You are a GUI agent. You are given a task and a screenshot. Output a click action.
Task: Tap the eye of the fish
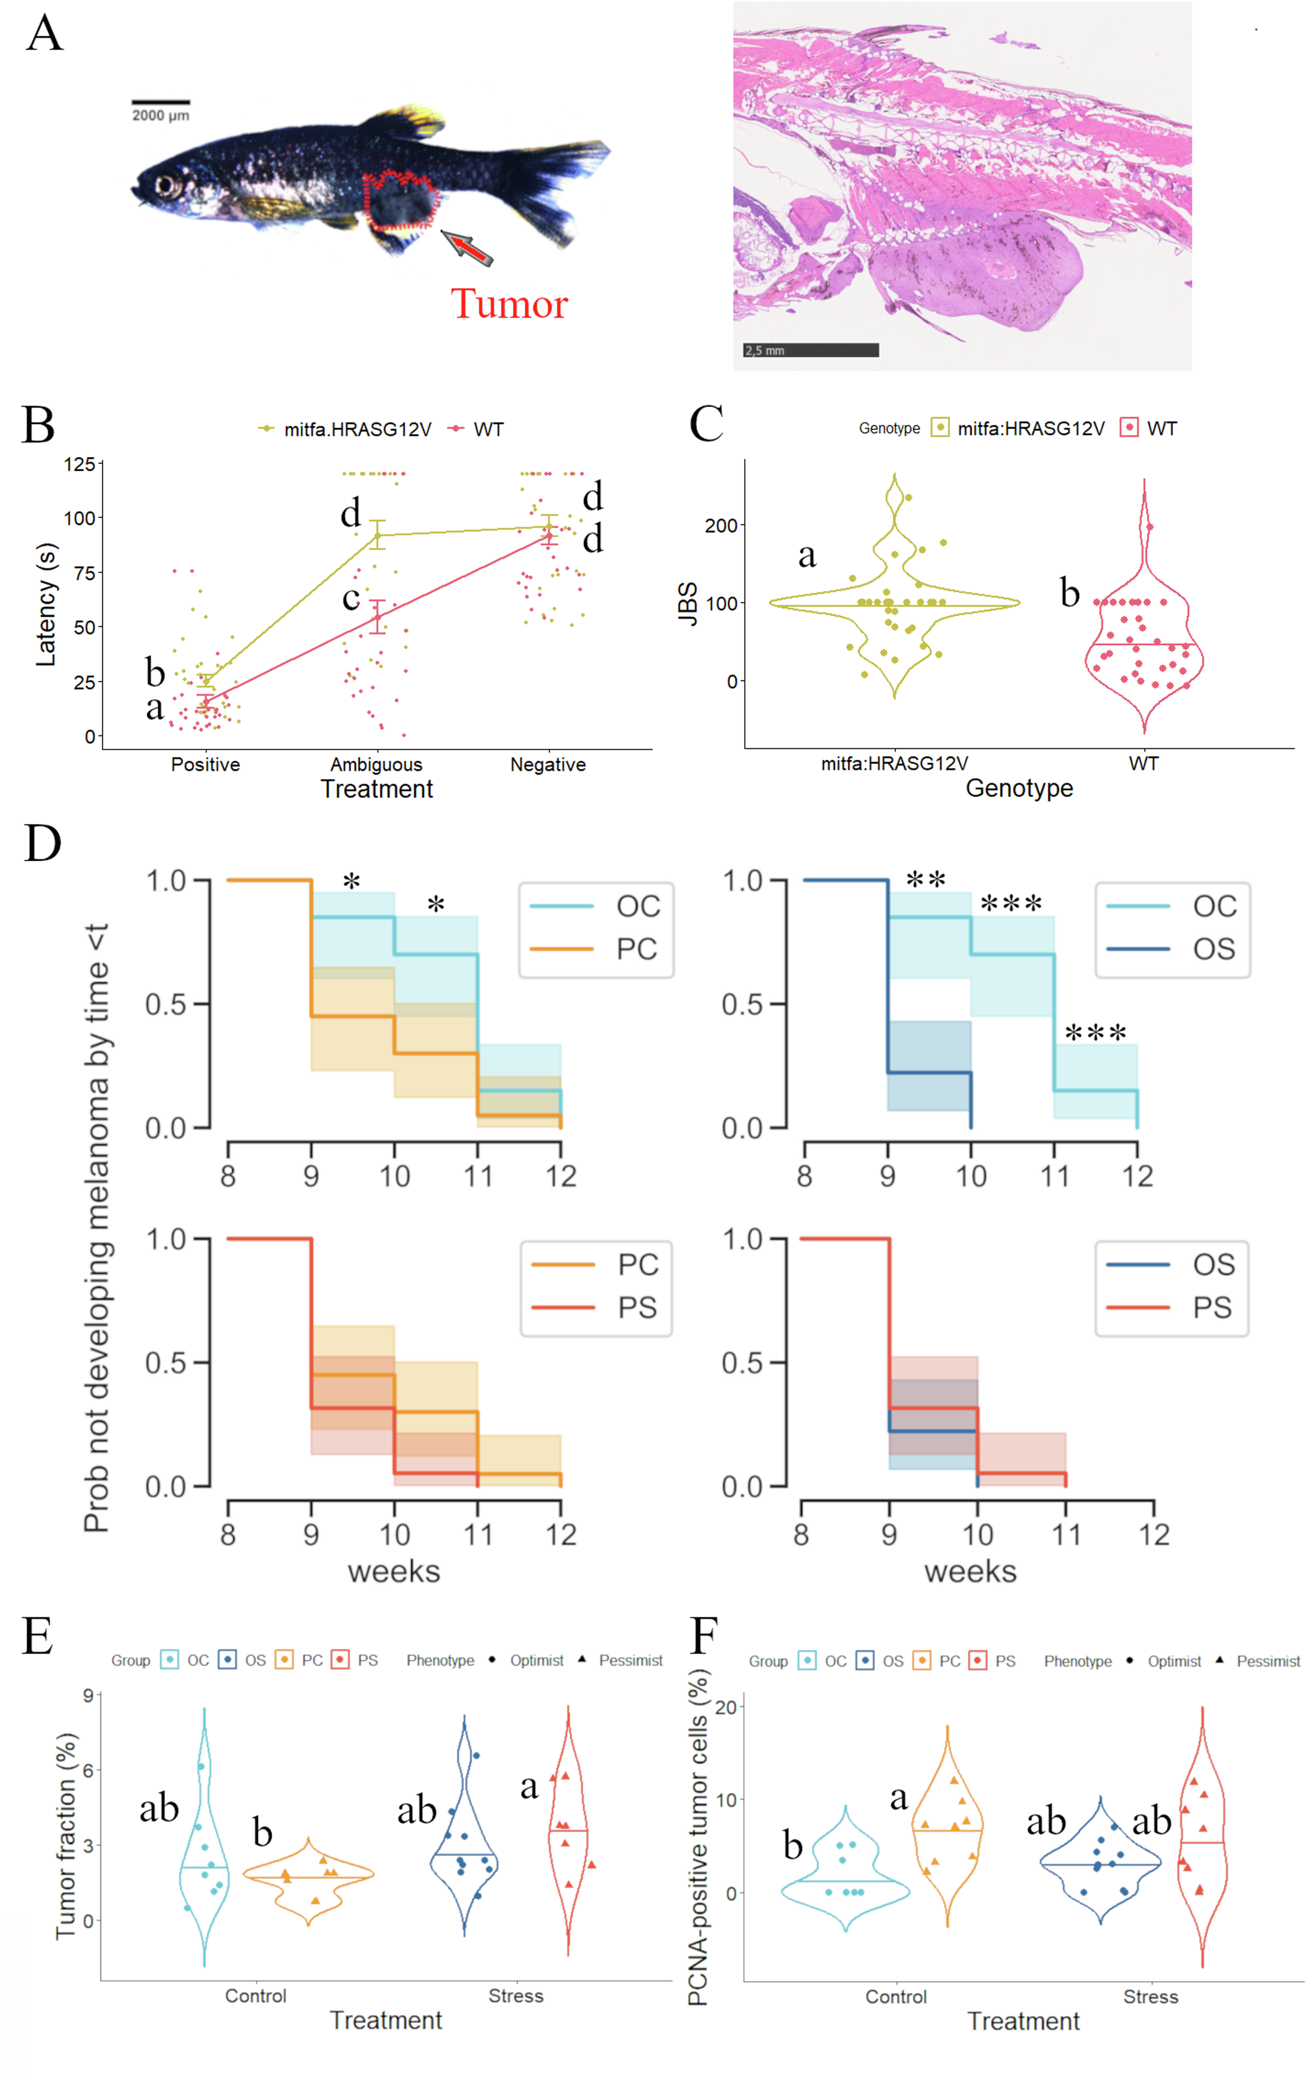tap(164, 185)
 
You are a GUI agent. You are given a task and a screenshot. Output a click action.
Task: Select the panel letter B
tap(39, 425)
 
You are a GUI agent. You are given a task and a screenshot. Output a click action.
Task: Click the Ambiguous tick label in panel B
tap(376, 764)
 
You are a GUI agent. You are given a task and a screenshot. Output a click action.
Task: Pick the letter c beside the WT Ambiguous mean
tap(350, 597)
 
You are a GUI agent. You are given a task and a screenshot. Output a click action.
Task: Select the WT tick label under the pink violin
tap(1143, 763)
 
